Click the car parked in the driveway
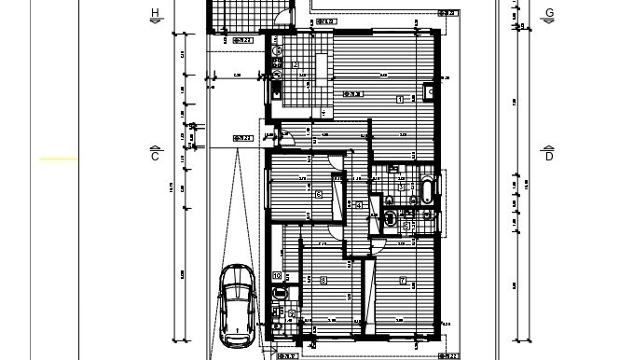point(237,304)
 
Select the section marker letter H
point(156,13)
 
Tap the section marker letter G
point(549,13)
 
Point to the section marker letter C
point(156,157)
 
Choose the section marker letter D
point(549,157)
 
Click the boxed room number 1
point(400,98)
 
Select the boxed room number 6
point(319,194)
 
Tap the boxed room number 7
point(403,280)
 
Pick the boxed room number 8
point(323,280)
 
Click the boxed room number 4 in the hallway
point(359,205)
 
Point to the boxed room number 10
point(277,275)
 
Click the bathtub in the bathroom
point(426,192)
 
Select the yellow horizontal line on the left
point(59,159)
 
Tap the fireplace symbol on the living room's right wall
point(428,91)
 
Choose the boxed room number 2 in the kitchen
point(296,64)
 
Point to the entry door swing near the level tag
point(288,139)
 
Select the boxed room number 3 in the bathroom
point(400,187)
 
